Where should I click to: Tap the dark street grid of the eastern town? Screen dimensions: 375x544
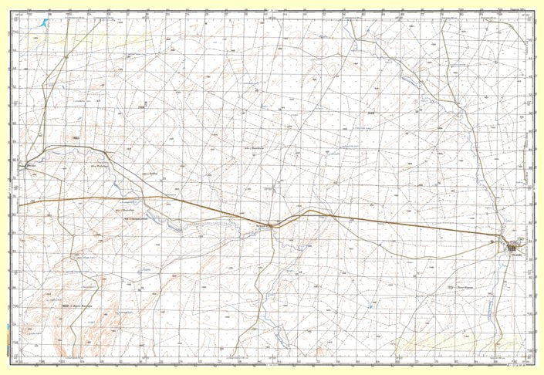pos(513,247)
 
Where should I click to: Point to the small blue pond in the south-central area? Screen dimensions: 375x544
pos(370,307)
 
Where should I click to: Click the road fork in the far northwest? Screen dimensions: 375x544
pos(66,56)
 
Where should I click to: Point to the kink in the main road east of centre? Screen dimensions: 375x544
pos(309,210)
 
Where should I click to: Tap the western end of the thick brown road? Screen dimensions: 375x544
pos(20,204)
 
